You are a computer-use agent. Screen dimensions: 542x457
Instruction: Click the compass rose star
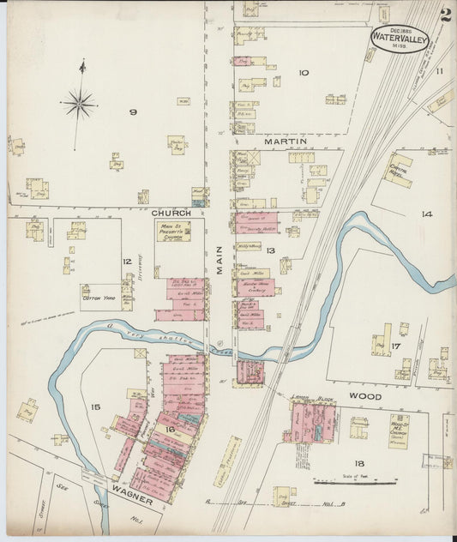pyautogui.click(x=79, y=103)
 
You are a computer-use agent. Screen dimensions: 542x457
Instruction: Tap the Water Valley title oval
pyautogui.click(x=400, y=38)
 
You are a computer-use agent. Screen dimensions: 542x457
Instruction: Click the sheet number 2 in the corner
pyautogui.click(x=445, y=15)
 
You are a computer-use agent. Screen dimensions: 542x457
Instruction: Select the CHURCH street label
pyautogui.click(x=171, y=212)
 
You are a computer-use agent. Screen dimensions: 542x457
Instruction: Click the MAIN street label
pyautogui.click(x=219, y=261)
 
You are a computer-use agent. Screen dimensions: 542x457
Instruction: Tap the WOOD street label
pyautogui.click(x=364, y=397)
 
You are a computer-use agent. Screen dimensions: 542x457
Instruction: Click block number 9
pyautogui.click(x=133, y=111)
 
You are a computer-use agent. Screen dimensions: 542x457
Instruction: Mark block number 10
pyautogui.click(x=303, y=73)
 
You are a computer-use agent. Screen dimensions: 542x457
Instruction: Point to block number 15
pyautogui.click(x=95, y=406)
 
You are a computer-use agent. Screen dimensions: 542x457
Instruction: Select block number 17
pyautogui.click(x=395, y=346)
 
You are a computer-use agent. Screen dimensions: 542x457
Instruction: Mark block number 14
pyautogui.click(x=426, y=214)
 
